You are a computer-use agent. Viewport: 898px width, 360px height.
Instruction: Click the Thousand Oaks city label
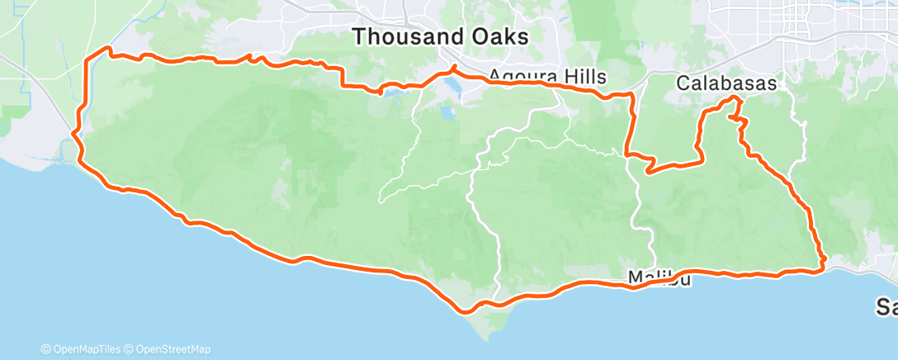(x=441, y=37)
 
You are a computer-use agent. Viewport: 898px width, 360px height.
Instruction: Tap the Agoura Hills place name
(x=548, y=77)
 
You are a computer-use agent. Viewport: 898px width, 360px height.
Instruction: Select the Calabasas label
(x=726, y=83)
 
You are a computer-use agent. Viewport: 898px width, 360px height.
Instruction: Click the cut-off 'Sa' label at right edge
(x=887, y=306)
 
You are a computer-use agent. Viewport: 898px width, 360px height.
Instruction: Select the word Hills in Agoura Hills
(x=582, y=77)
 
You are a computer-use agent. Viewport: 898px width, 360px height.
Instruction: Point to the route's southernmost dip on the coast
(x=467, y=310)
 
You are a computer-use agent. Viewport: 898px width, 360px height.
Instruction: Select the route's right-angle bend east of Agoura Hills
(x=632, y=96)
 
